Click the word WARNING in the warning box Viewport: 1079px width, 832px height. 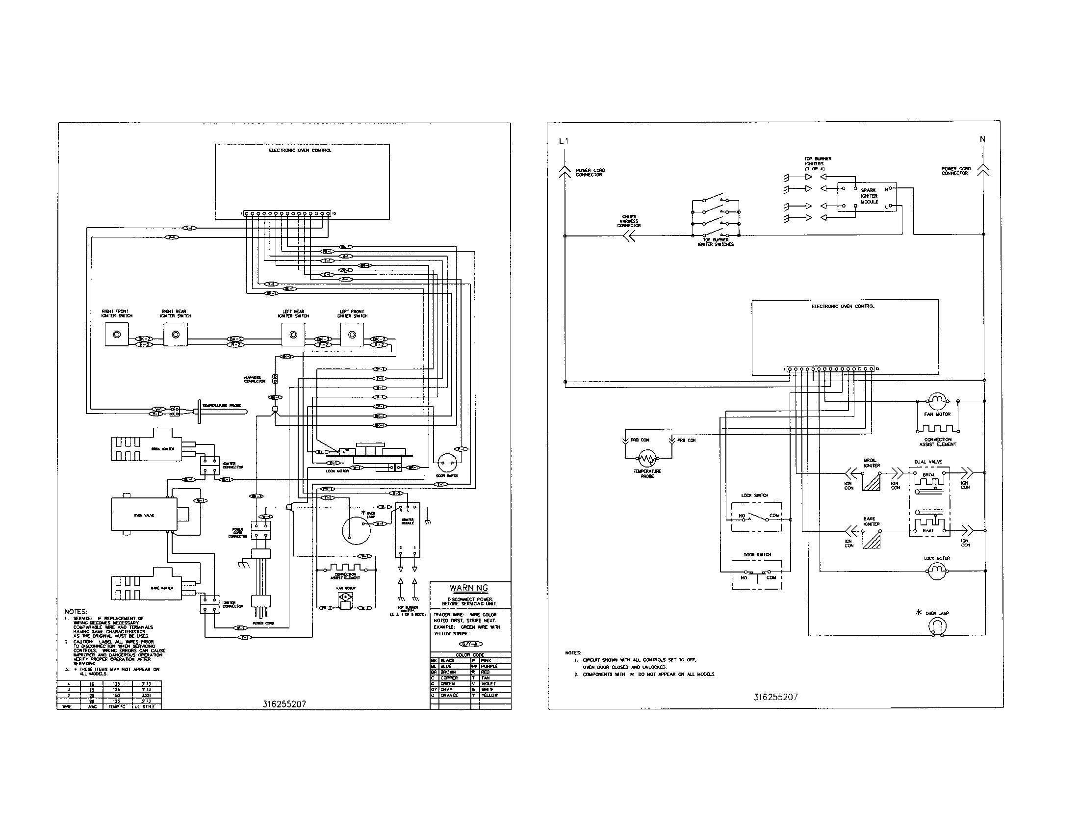[469, 588]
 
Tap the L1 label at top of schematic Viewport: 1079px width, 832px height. [564, 141]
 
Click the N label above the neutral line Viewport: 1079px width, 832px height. [982, 139]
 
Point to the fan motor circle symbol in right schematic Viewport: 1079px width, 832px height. [937, 401]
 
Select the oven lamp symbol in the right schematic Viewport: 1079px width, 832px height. [937, 626]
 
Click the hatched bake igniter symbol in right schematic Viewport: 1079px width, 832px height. [872, 540]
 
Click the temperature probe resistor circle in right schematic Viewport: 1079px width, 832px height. [647, 459]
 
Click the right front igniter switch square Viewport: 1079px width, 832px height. [117, 335]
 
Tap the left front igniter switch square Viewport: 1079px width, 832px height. [352, 335]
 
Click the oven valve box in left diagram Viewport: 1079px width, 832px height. [144, 515]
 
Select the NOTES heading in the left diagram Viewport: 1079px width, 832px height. [76, 612]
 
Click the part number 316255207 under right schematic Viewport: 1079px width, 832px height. [776, 697]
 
